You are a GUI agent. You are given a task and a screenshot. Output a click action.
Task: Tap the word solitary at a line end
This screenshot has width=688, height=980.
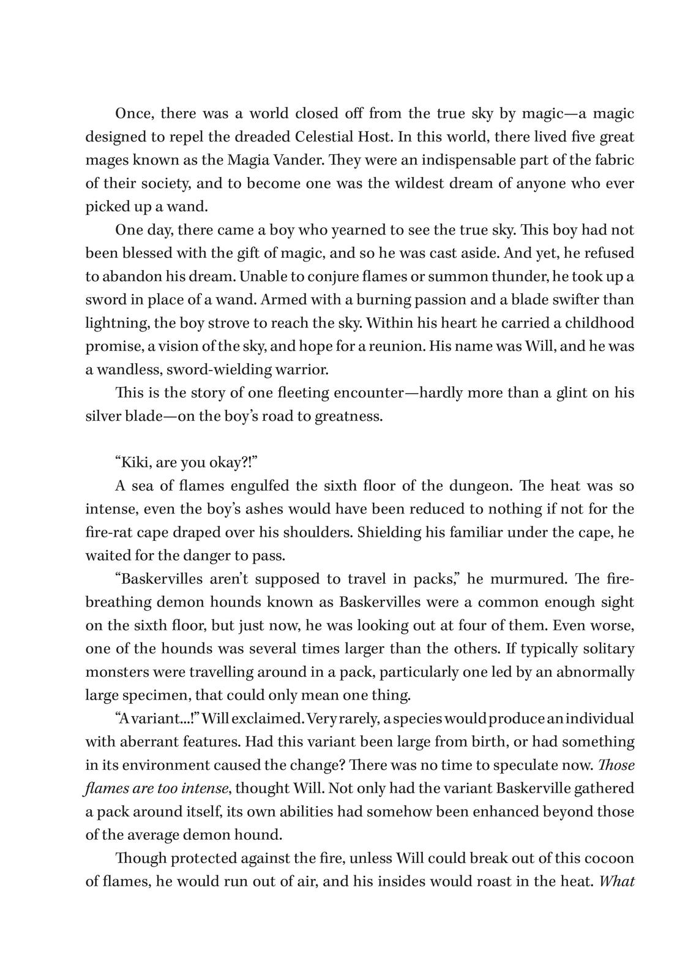(x=607, y=649)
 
